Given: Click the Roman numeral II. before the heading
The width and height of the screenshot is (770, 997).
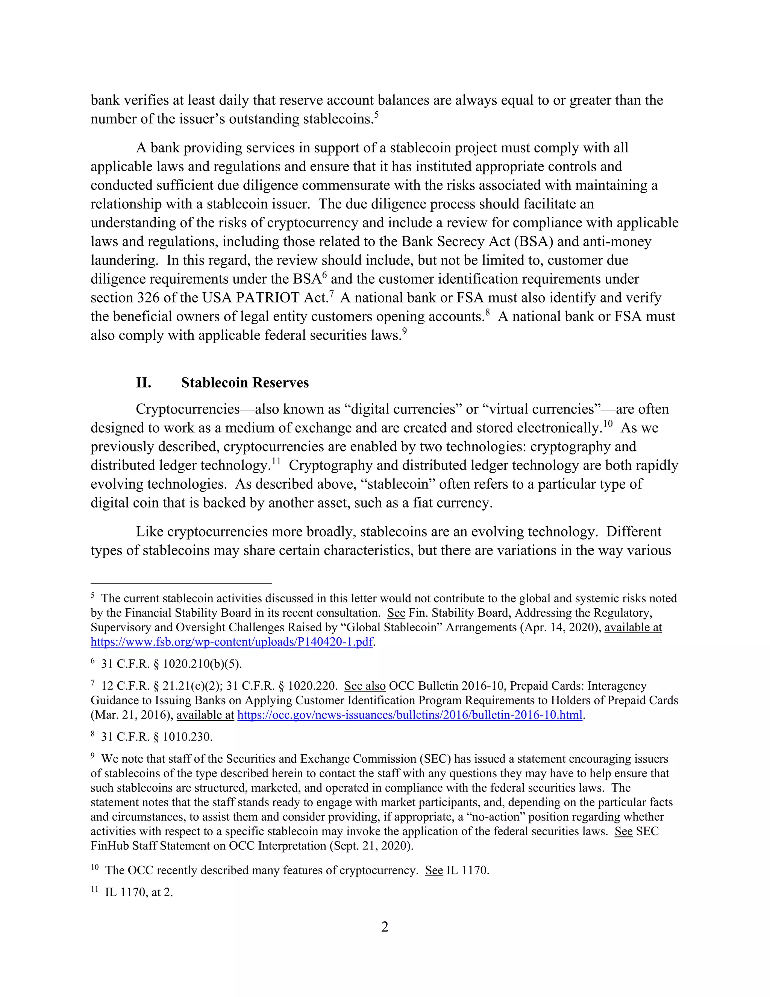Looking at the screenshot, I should click(143, 383).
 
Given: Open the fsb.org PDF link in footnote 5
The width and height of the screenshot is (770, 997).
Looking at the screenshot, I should click(232, 642).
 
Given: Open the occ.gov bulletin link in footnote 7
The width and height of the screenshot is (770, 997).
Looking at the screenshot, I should click(410, 715).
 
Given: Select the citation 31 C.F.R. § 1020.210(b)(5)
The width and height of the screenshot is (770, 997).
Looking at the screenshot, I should click(171, 664).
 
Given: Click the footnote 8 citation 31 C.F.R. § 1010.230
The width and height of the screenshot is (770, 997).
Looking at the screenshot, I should click(156, 737).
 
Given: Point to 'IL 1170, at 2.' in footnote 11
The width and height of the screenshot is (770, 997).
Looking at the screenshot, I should click(139, 892).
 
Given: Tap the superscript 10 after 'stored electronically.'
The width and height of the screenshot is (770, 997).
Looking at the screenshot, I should click(607, 424).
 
